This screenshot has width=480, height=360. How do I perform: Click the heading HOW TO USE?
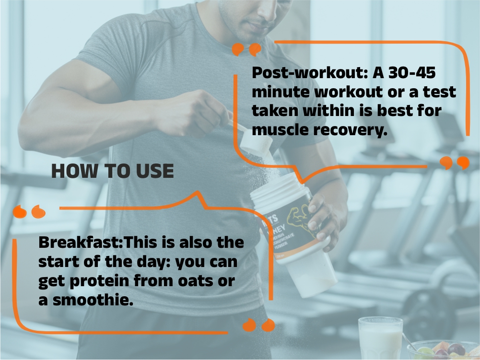[x=112, y=172]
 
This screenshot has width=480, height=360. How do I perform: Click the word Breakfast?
[x=81, y=243]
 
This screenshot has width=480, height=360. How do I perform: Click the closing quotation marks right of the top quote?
[x=454, y=163]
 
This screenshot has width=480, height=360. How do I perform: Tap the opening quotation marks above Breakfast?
[x=29, y=211]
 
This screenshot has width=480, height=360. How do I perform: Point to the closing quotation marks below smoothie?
[x=258, y=325]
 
